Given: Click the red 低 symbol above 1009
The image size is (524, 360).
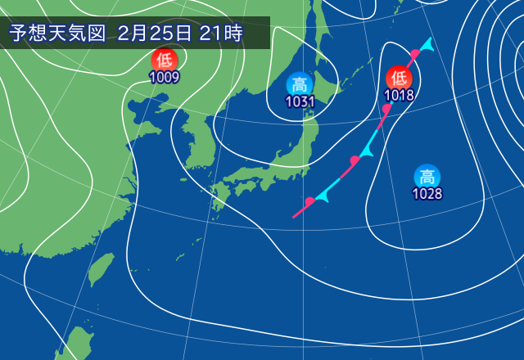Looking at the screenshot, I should point(165,60).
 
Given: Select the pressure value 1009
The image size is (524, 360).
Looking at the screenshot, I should point(165,78).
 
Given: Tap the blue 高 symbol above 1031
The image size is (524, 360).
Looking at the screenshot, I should point(300,83).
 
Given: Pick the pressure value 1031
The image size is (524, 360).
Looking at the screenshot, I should point(300,101).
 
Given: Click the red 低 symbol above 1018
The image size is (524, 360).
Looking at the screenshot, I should point(399,78).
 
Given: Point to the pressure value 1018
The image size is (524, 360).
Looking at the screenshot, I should point(399,95).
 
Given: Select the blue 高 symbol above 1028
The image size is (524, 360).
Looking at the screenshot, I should point(427,176).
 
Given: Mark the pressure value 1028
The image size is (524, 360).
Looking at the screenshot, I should point(427,194).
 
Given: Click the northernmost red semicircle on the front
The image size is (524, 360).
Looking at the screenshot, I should point(415,54).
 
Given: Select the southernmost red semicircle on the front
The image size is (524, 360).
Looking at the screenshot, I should point(309,201).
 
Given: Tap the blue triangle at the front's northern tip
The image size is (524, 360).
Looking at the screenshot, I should point(428,43).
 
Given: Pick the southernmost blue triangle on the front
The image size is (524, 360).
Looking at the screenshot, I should point(321,199).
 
